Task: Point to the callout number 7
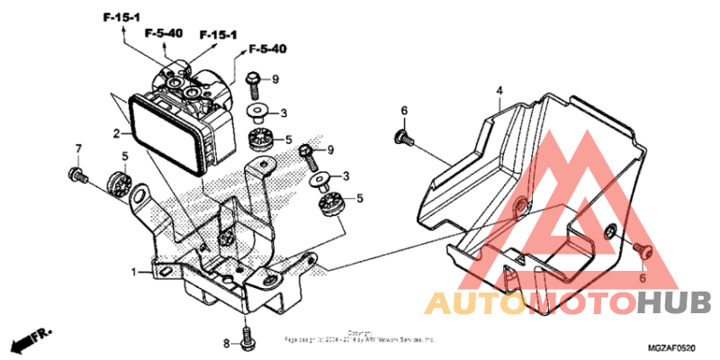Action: click(x=78, y=148)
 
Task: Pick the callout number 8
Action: click(x=227, y=344)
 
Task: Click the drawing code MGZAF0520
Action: click(x=671, y=346)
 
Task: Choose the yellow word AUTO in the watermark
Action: click(x=463, y=302)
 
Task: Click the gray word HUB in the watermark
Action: click(x=673, y=302)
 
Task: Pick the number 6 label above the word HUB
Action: click(x=643, y=279)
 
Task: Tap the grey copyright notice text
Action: click(x=360, y=337)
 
